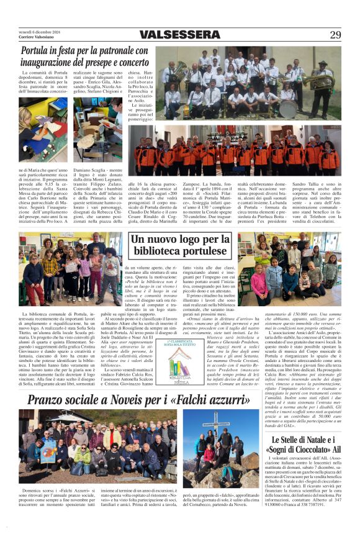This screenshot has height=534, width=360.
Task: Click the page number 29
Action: point(335,35)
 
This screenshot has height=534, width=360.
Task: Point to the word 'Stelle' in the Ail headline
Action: point(291,440)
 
